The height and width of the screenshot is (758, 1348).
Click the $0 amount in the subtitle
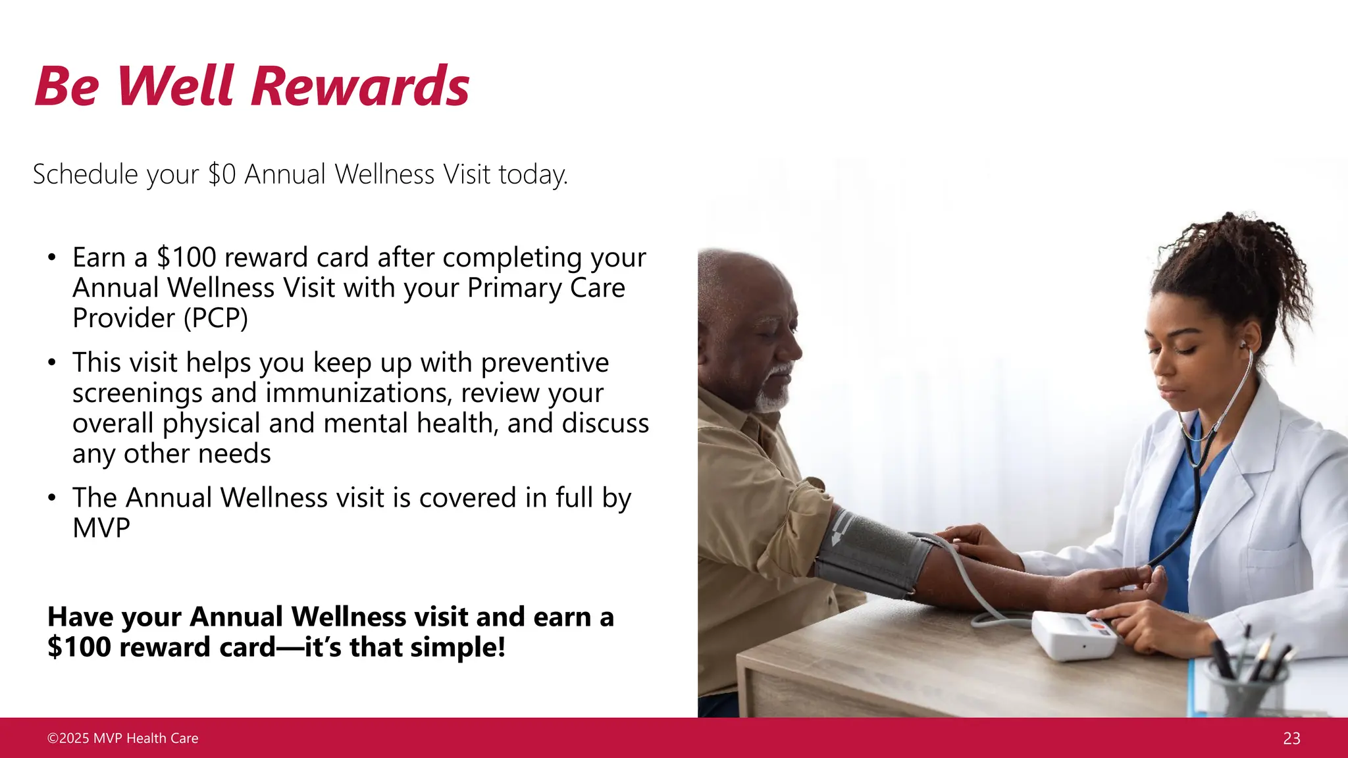(x=221, y=175)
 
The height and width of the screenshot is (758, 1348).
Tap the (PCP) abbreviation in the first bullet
(x=215, y=318)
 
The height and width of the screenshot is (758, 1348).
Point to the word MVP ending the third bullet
(x=101, y=528)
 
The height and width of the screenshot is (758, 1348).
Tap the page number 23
(x=1291, y=738)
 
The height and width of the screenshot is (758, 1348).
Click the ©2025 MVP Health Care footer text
(x=122, y=738)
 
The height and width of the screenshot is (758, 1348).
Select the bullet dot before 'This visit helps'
(x=52, y=363)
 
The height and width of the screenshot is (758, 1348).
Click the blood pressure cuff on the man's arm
(x=869, y=553)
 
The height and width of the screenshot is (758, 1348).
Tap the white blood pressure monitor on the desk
(x=1073, y=635)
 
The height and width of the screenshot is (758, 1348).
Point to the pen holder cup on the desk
(x=1244, y=691)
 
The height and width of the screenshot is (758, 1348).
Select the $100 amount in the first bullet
(x=186, y=257)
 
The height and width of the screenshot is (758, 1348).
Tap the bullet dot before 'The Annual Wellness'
(x=52, y=498)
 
